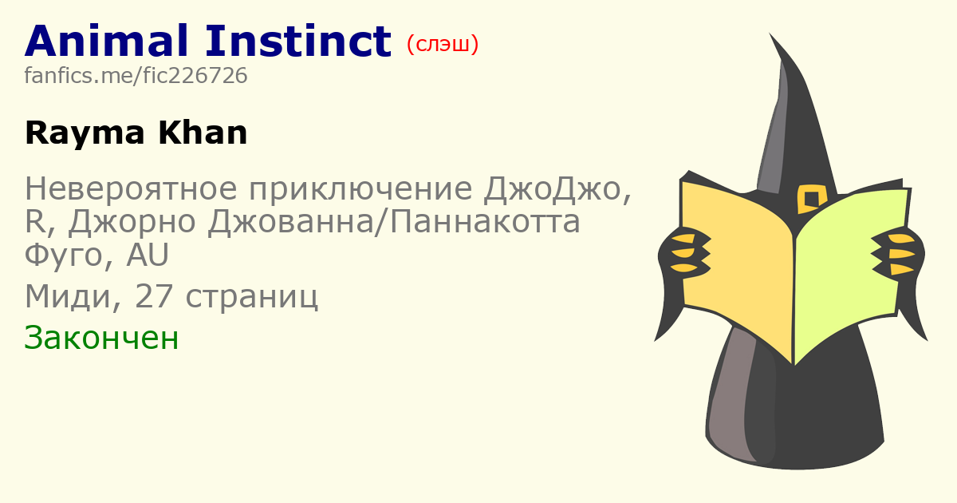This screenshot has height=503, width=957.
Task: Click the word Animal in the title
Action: click(x=106, y=41)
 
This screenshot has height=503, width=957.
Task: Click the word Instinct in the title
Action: click(x=298, y=41)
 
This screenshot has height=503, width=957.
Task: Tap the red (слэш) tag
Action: click(x=443, y=44)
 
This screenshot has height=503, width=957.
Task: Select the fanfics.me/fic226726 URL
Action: click(x=136, y=75)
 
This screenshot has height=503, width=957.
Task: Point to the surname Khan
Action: click(x=203, y=133)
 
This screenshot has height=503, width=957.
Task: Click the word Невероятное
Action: click(x=131, y=188)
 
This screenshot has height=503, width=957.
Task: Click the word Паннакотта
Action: click(x=485, y=222)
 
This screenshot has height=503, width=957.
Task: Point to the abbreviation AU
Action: click(x=148, y=255)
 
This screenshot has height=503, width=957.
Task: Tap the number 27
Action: click(x=154, y=295)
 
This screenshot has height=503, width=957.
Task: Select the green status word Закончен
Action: click(x=101, y=338)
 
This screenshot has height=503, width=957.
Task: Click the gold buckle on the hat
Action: click(x=811, y=199)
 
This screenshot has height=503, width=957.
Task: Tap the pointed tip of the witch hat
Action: click(x=770, y=33)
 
